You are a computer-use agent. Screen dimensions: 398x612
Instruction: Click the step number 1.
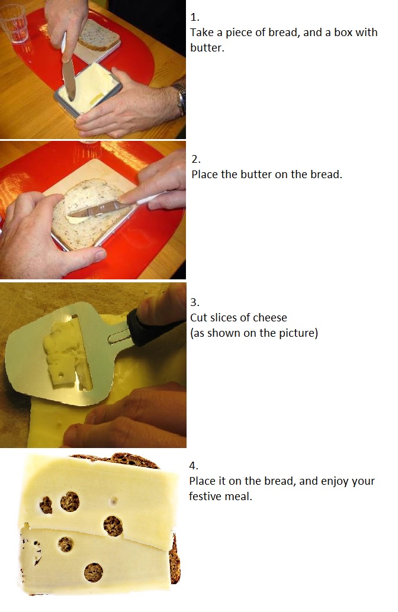point(194,17)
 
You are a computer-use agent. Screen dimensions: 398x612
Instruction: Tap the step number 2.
point(195,159)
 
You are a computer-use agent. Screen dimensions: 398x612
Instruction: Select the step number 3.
point(194,302)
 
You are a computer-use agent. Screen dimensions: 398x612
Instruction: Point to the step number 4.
point(194,466)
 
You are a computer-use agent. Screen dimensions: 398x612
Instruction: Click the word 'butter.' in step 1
point(207,47)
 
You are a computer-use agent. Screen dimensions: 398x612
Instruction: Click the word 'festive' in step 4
point(205,497)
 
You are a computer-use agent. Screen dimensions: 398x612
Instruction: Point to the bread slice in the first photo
point(99,34)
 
